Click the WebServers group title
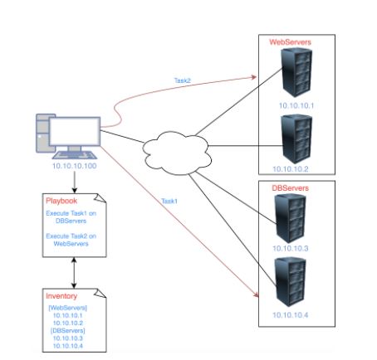(x=290, y=42)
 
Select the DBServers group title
(x=290, y=188)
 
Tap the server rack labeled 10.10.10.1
(x=296, y=72)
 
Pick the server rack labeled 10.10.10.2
(x=296, y=139)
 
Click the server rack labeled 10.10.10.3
(x=290, y=218)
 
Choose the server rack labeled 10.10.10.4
(x=290, y=282)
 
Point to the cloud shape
(x=177, y=153)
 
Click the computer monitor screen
(x=75, y=132)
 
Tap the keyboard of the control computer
(x=75, y=155)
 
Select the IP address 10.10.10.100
(x=75, y=166)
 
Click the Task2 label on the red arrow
(x=183, y=80)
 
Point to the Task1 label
(x=169, y=201)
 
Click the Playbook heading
(x=61, y=201)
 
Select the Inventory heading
(x=61, y=296)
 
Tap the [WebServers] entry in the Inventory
(x=68, y=308)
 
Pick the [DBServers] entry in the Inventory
(x=68, y=330)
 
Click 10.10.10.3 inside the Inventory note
(x=68, y=338)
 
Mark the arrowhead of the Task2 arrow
(x=254, y=77)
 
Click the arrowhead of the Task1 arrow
(x=256, y=294)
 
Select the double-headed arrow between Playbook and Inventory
(x=74, y=273)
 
